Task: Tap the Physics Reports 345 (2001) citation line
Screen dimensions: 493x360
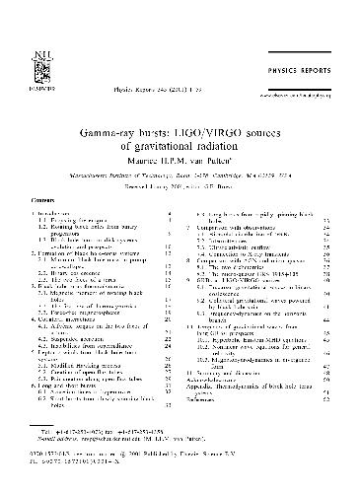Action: click(x=153, y=72)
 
